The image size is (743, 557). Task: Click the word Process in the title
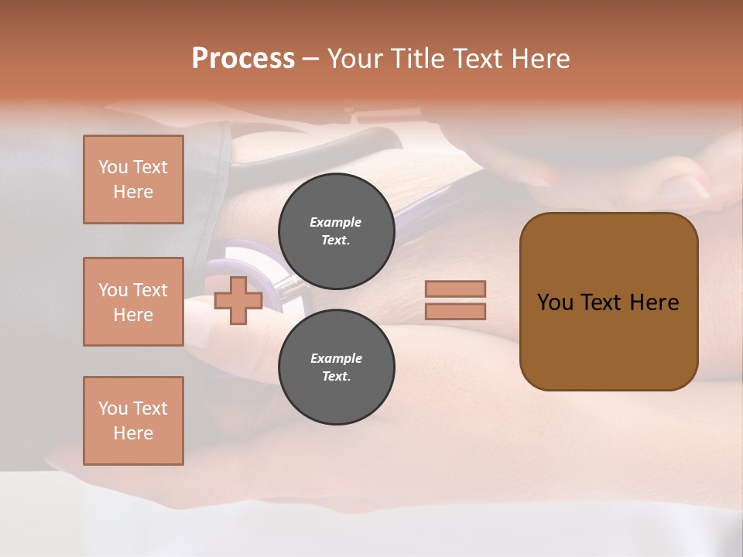(243, 59)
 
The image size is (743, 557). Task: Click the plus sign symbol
(238, 301)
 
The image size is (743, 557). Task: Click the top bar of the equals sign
(455, 289)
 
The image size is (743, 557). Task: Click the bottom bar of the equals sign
(455, 311)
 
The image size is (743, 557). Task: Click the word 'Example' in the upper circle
(335, 222)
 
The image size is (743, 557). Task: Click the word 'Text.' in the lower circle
(336, 376)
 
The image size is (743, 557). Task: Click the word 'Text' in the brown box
(608, 302)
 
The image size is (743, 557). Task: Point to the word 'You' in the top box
(112, 167)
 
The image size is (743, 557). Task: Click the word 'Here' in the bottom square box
(133, 433)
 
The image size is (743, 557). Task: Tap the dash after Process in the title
(310, 59)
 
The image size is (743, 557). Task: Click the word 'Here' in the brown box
(655, 302)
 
